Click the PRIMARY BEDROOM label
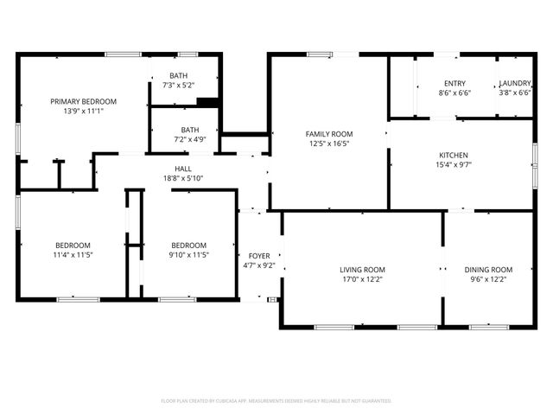(83, 101)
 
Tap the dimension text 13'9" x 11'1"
(83, 111)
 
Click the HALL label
(184, 169)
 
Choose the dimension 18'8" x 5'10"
(184, 178)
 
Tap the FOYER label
(259, 256)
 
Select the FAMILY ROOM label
(329, 134)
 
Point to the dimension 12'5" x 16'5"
(329, 144)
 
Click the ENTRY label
(454, 83)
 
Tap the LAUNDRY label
(516, 83)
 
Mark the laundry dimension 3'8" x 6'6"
(516, 93)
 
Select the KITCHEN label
(453, 155)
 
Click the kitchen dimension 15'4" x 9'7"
(453, 164)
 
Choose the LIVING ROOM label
(362, 270)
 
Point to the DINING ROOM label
(488, 270)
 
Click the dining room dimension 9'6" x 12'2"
(488, 279)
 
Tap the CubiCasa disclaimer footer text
(276, 401)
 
